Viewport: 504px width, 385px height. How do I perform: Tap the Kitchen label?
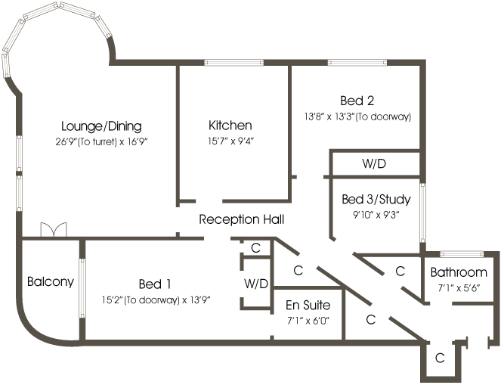(230, 126)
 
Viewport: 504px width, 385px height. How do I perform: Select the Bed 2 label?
(360, 101)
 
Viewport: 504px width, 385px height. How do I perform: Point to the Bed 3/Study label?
(376, 200)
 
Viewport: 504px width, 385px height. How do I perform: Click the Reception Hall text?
(242, 220)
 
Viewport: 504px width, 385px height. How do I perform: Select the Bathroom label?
(459, 272)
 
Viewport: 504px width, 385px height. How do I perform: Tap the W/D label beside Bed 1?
(255, 284)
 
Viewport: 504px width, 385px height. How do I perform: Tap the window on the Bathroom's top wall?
(459, 253)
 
